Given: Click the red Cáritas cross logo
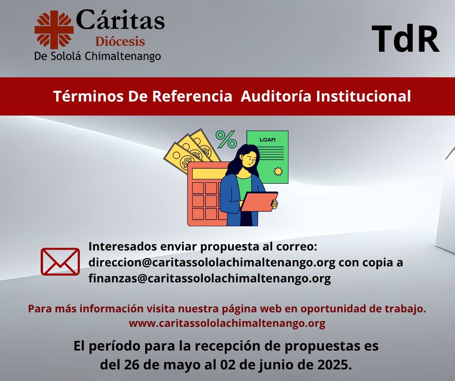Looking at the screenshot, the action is [54, 30].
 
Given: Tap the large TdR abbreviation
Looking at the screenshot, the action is [405, 39].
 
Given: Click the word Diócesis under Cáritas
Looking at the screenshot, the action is [120, 42].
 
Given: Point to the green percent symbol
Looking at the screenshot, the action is [226, 139].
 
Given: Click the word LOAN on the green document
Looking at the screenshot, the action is [268, 140].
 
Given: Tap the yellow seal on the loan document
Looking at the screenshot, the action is [278, 171].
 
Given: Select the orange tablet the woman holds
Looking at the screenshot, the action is [259, 202].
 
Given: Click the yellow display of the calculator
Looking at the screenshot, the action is [210, 174].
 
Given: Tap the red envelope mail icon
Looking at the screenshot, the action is [60, 262].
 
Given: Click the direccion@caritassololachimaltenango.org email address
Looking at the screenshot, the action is [212, 263].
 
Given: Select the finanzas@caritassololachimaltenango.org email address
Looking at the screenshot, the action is [210, 278].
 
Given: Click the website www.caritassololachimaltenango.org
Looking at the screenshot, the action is [227, 323].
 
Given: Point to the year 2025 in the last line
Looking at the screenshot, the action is [334, 365].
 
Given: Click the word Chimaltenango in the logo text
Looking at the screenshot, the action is [123, 56].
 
